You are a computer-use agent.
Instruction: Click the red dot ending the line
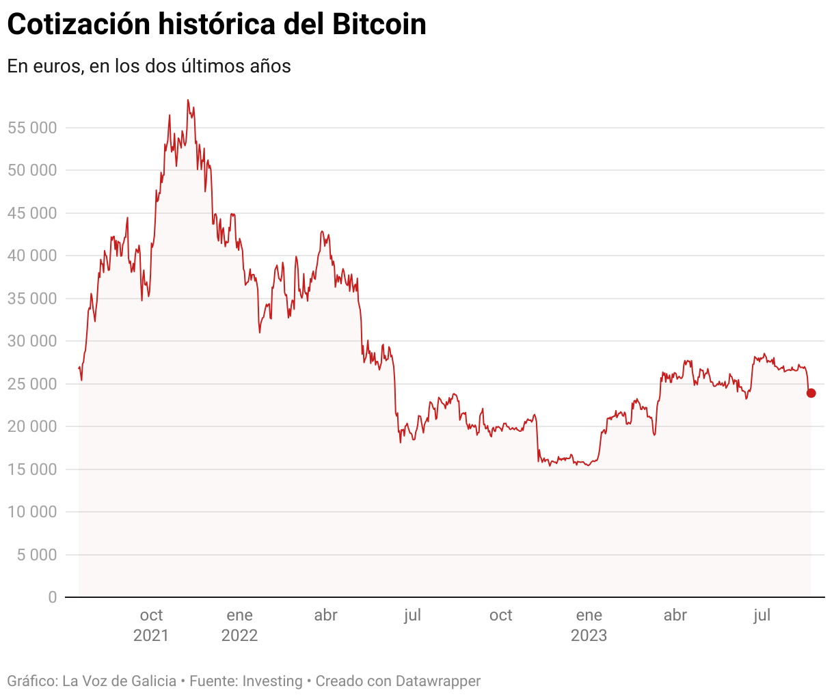(811, 393)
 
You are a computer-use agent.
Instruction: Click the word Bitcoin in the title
(379, 25)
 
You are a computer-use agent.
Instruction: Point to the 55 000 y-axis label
(32, 128)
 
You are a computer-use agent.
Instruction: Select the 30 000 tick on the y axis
(32, 341)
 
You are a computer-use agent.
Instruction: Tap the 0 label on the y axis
(53, 597)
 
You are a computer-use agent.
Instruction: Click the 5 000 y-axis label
(37, 555)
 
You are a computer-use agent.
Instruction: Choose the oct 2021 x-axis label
(151, 625)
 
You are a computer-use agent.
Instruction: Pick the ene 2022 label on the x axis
(239, 625)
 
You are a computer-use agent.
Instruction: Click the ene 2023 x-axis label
(589, 625)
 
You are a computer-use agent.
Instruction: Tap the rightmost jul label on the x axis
(762, 616)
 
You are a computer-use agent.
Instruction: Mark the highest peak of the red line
(187, 100)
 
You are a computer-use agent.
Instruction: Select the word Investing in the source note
(272, 681)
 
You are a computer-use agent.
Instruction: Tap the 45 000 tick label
(32, 213)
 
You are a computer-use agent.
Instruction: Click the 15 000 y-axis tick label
(32, 469)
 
